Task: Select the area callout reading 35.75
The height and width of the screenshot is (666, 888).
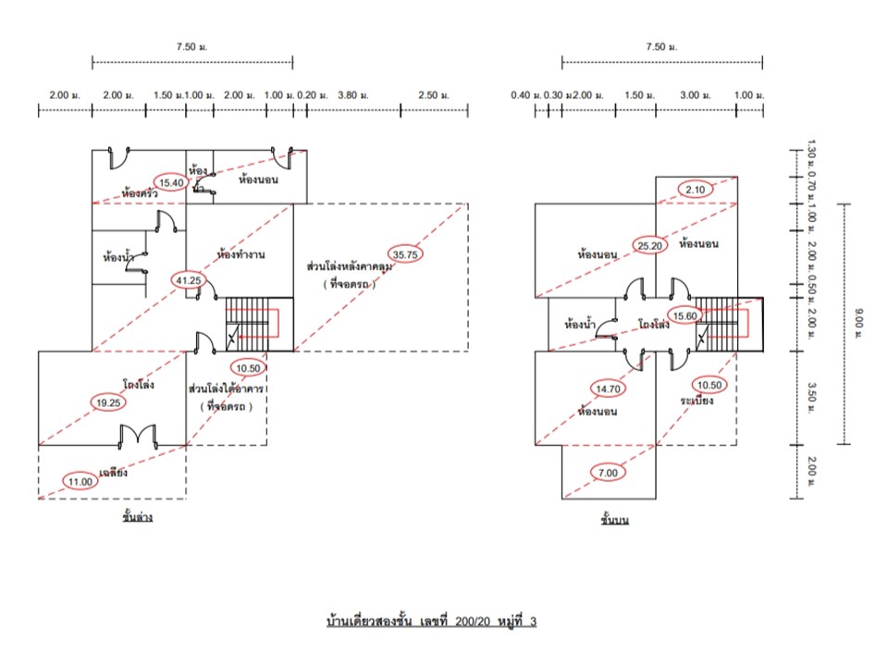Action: (404, 253)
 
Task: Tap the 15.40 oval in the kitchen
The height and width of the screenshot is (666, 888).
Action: (170, 183)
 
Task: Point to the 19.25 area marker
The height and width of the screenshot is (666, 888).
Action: (107, 401)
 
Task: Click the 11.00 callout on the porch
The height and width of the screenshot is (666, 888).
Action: (80, 480)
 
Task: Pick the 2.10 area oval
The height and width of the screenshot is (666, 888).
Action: (696, 190)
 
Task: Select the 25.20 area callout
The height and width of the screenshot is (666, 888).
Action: (649, 245)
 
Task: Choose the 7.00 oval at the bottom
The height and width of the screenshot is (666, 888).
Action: (608, 473)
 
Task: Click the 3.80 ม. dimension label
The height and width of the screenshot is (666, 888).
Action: (353, 95)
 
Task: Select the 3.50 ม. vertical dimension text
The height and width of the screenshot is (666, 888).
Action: (810, 397)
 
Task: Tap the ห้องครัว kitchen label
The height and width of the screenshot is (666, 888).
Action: (140, 194)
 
